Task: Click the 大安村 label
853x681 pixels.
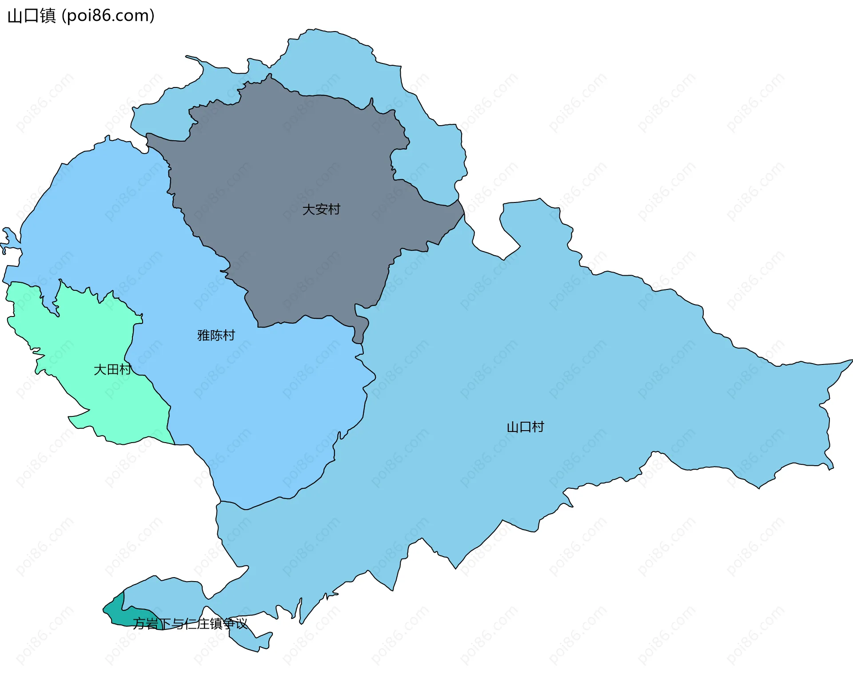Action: [321, 209]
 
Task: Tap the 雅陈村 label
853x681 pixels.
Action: [216, 335]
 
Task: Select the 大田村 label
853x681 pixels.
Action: [112, 369]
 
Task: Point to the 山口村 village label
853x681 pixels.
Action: [525, 427]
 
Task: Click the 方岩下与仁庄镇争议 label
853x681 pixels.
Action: [190, 624]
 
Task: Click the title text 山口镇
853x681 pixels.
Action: [32, 16]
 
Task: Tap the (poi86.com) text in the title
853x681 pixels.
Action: [108, 16]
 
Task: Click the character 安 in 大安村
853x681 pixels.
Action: [321, 209]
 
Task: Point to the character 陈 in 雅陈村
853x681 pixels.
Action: [216, 335]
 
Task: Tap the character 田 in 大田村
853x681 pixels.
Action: [112, 369]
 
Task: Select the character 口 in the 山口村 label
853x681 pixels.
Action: [525, 427]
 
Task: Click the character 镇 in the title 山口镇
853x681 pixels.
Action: [48, 16]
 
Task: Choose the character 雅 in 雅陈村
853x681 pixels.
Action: [203, 335]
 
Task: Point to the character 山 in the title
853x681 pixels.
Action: [15, 16]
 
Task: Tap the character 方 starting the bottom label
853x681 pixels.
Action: [140, 624]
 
